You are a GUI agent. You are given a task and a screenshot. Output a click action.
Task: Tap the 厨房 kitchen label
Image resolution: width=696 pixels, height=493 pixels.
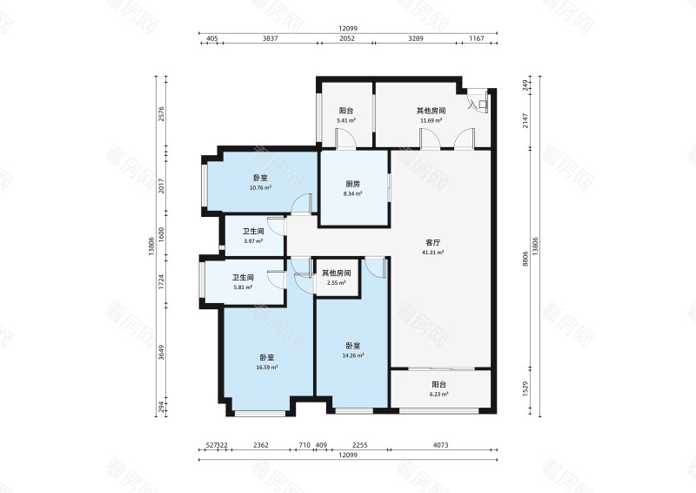click(352, 184)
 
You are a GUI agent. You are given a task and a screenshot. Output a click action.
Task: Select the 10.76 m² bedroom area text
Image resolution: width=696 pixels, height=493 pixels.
click(260, 187)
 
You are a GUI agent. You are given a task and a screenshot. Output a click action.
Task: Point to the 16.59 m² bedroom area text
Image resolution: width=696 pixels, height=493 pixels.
click(266, 368)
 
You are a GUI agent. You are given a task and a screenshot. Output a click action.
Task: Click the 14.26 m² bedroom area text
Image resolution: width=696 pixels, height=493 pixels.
click(352, 355)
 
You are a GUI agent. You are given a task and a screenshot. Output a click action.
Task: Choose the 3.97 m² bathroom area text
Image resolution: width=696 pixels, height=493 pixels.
click(253, 241)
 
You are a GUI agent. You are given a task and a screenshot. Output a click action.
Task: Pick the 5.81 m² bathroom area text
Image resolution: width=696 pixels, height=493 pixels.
click(243, 287)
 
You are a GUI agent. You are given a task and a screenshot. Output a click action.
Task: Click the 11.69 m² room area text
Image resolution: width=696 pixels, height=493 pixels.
click(431, 121)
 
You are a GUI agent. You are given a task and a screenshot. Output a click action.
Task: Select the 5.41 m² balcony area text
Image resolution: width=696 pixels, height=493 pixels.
click(346, 121)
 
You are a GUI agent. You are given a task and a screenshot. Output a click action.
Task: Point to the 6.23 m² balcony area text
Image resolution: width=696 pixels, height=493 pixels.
click(439, 394)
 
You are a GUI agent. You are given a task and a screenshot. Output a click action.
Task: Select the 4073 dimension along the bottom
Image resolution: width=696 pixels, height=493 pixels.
click(440, 445)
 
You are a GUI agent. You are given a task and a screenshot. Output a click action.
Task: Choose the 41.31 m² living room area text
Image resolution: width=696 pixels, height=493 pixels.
click(433, 253)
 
